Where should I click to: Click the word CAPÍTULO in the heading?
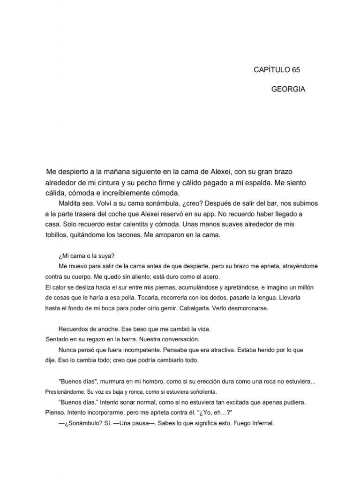[x=271, y=69]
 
